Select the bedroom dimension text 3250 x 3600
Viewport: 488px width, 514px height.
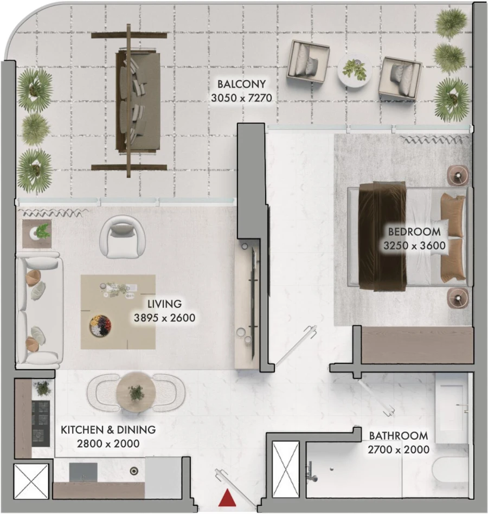click(x=414, y=246)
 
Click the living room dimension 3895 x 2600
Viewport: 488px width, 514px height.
click(x=164, y=318)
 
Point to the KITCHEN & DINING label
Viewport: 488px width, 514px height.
click(x=108, y=430)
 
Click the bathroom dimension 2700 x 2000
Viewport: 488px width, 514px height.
click(x=399, y=449)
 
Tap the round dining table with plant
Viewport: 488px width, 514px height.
click(x=137, y=391)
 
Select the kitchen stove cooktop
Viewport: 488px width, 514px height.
click(x=41, y=420)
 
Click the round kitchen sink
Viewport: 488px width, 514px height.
click(x=134, y=471)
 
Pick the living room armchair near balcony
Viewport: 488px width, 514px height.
click(x=124, y=237)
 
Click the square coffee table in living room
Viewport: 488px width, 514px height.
click(x=118, y=312)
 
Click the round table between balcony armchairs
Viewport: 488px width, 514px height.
click(x=354, y=70)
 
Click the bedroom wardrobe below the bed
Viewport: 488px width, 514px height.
click(x=416, y=345)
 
